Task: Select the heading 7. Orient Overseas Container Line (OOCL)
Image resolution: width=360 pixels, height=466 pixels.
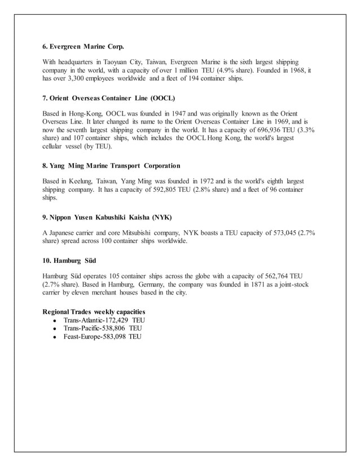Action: point(109,98)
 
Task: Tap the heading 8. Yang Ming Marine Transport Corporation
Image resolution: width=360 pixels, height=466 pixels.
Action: point(112,166)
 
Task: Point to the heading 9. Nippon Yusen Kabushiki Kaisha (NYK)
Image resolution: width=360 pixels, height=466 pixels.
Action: point(107,217)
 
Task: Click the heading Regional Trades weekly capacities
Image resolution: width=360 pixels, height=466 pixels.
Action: point(94,311)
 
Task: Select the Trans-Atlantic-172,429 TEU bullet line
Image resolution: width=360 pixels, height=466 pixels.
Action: point(104,320)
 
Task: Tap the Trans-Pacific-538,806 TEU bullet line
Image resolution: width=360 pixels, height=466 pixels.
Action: point(103,328)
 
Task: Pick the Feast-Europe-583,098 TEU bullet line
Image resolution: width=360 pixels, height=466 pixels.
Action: point(103,337)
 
